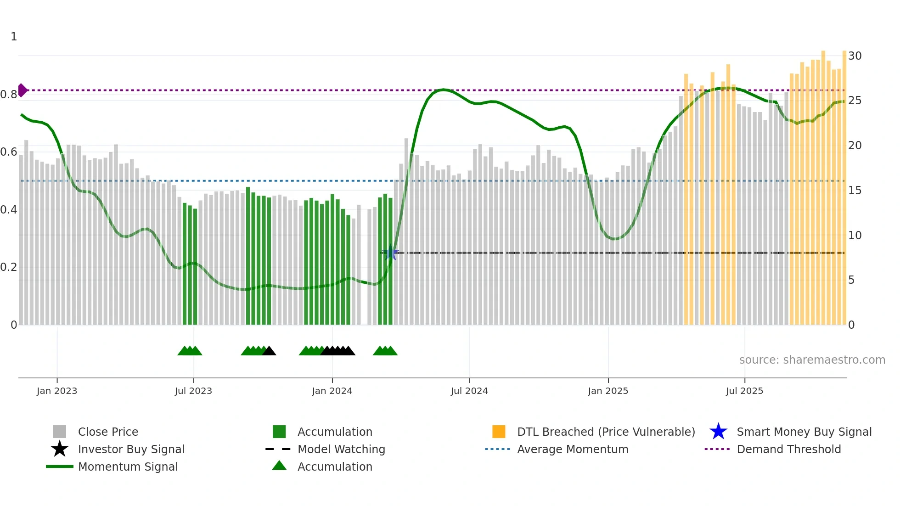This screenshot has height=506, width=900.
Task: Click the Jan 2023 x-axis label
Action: coord(57,391)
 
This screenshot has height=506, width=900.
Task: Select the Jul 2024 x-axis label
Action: coord(469,391)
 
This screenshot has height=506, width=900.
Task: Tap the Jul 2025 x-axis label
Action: coord(744,391)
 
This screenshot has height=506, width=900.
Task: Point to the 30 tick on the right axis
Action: coord(855,56)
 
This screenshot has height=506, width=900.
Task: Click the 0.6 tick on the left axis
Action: coord(9,152)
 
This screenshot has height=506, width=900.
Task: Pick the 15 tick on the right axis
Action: coord(855,191)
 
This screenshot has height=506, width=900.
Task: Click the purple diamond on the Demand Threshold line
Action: coord(22,90)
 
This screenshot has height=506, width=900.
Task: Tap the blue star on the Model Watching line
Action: coord(391,253)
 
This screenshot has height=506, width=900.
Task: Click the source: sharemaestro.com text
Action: coord(812,360)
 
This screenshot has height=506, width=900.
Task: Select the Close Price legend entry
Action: coord(107,432)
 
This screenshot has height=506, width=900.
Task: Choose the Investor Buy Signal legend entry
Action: coord(131,450)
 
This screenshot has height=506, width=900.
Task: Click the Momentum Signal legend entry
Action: coord(128,467)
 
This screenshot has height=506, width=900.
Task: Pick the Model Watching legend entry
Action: coord(341,450)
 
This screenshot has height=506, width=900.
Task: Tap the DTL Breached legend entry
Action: coord(606,432)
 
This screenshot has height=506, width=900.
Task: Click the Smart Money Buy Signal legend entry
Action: coord(804,432)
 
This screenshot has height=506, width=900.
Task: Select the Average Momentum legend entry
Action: coord(572,450)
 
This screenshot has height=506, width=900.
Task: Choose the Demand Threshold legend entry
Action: coord(788,450)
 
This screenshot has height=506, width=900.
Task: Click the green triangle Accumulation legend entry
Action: coord(335,467)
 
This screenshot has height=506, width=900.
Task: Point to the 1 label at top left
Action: coord(14,37)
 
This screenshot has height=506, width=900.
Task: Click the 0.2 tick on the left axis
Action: coord(9,267)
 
